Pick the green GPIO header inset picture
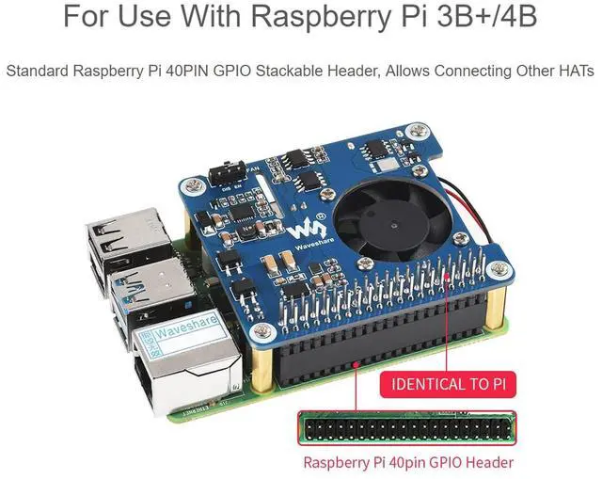407,428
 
